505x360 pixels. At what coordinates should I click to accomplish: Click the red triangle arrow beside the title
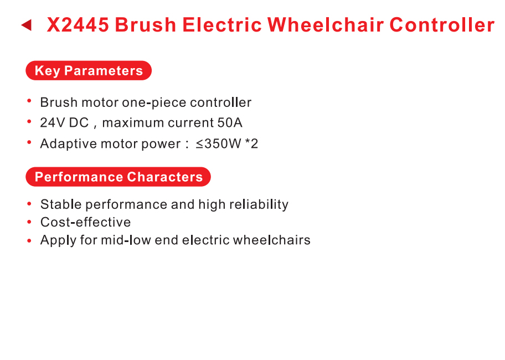(27, 25)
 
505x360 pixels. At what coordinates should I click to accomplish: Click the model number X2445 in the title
(78, 25)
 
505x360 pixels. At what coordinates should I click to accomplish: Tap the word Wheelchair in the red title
(325, 25)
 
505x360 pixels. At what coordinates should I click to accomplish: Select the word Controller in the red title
(442, 25)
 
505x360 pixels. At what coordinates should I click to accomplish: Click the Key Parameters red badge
(89, 70)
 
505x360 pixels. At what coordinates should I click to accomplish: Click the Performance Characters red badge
(118, 177)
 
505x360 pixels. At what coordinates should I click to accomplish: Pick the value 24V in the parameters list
(53, 123)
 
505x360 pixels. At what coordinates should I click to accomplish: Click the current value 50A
(230, 123)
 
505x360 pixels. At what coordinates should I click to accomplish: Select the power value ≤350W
(218, 143)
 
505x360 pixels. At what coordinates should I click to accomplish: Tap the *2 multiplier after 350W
(251, 143)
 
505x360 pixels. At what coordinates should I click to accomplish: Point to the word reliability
(259, 204)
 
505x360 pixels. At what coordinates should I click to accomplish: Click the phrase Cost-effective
(86, 222)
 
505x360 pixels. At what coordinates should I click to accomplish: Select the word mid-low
(126, 240)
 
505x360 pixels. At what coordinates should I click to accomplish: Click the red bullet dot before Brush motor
(29, 101)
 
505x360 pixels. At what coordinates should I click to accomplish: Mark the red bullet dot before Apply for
(29, 240)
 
